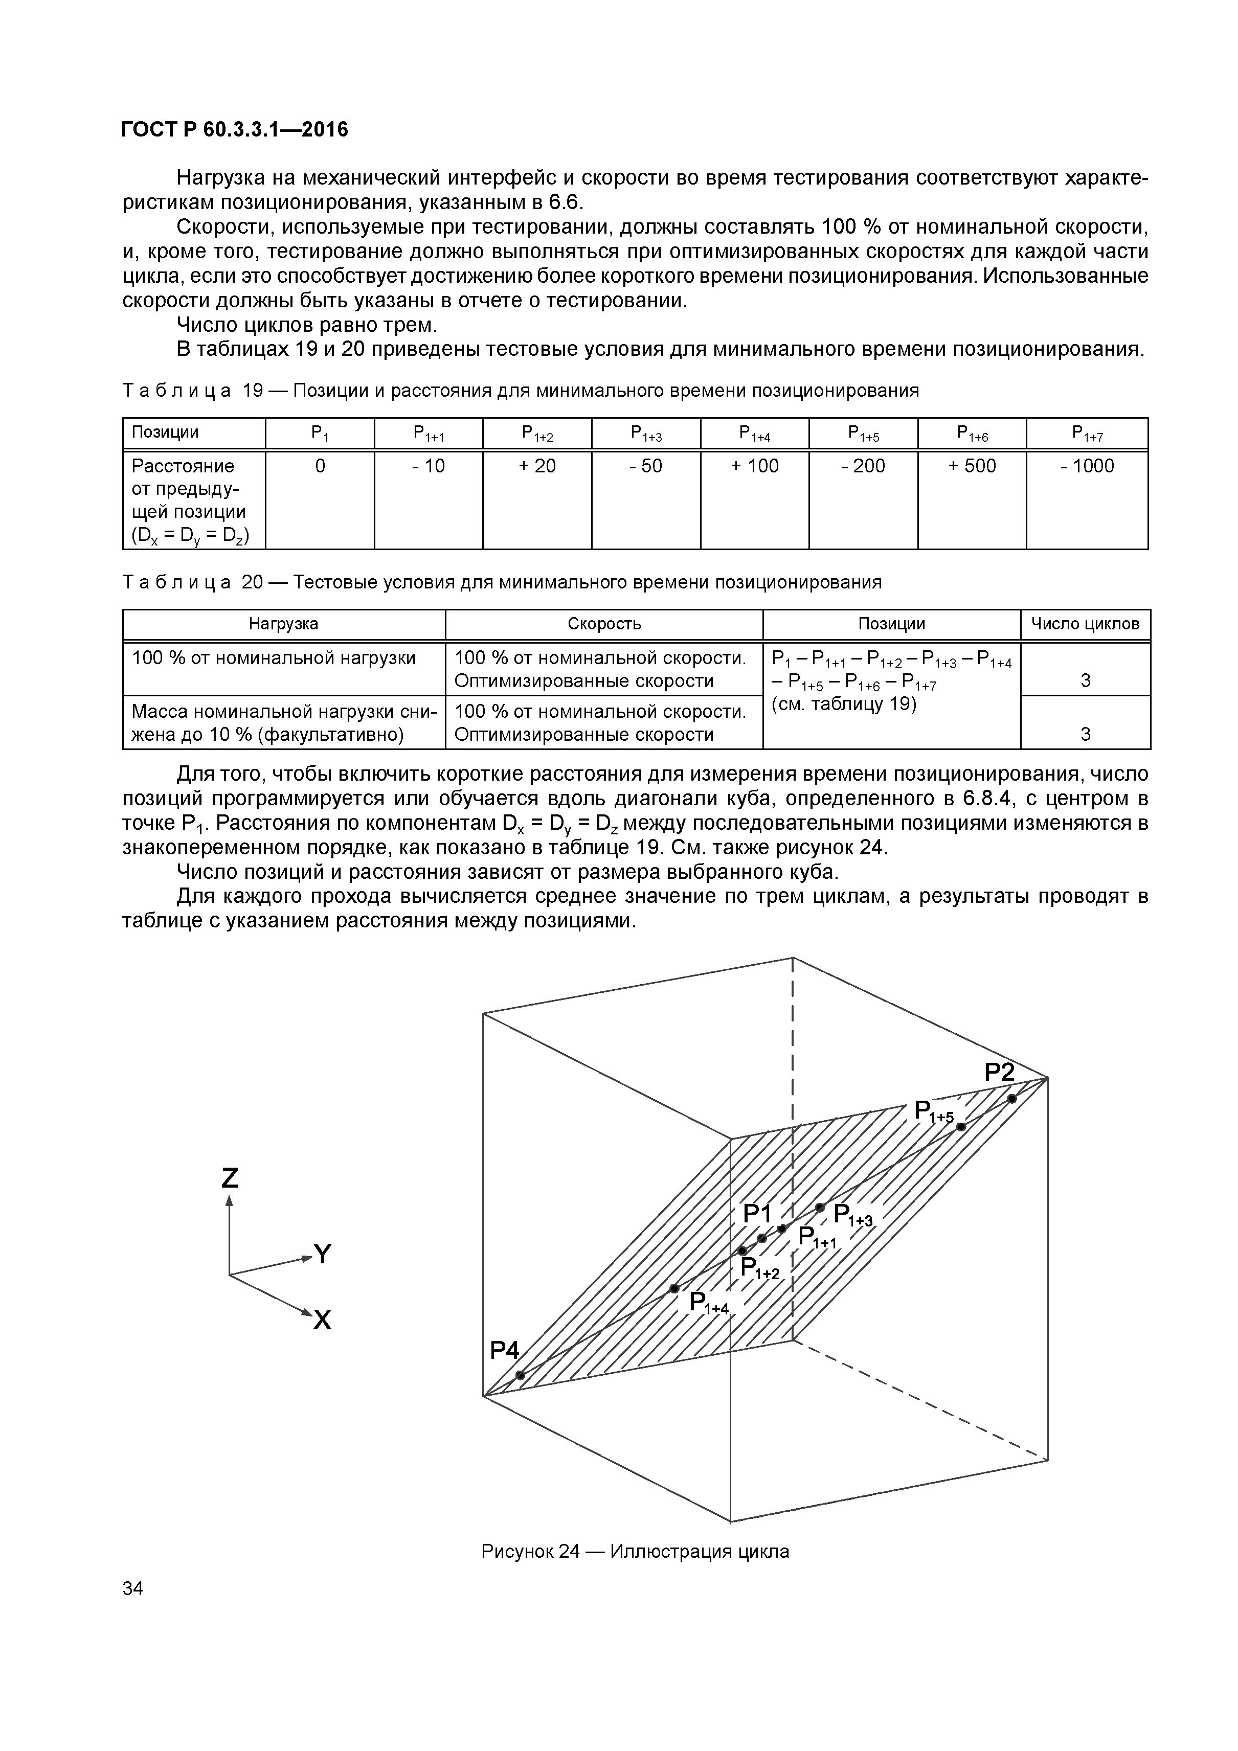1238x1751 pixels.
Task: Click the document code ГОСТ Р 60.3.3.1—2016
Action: pyautogui.click(x=234, y=130)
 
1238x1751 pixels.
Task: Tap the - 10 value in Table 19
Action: pyautogui.click(x=428, y=466)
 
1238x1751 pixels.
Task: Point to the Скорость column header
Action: pyautogui.click(x=604, y=624)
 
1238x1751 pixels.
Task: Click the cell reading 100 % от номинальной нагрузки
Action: pyautogui.click(x=274, y=657)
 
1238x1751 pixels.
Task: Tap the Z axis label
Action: pyautogui.click(x=230, y=1178)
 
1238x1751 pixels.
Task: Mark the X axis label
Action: pyautogui.click(x=323, y=1320)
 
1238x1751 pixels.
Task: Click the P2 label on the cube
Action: pyautogui.click(x=999, y=1072)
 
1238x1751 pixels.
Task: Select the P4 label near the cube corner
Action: pyautogui.click(x=504, y=1351)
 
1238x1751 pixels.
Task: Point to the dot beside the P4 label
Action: pyautogui.click(x=520, y=1375)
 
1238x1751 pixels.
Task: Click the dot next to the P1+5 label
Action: pyautogui.click(x=961, y=1126)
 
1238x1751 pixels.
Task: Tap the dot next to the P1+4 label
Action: pyautogui.click(x=674, y=1288)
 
